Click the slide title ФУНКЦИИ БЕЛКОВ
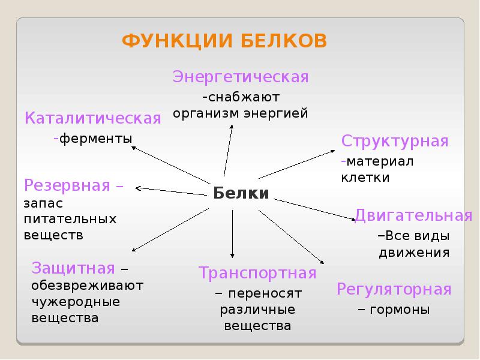pyautogui.click(x=224, y=41)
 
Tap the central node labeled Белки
pyautogui.click(x=241, y=193)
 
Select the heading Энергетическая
pyautogui.click(x=241, y=77)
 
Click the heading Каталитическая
pyautogui.click(x=93, y=118)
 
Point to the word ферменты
pyautogui.click(x=96, y=139)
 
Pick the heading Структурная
pyautogui.click(x=395, y=142)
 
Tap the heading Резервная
pyautogui.click(x=67, y=185)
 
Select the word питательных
pyautogui.click(x=70, y=218)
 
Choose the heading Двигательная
pyautogui.click(x=413, y=215)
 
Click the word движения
pyautogui.click(x=414, y=252)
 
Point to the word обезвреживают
pyautogui.click(x=88, y=284)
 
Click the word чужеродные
pyautogui.click(x=76, y=301)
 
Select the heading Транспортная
pyautogui.click(x=257, y=274)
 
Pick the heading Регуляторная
pyautogui.click(x=394, y=290)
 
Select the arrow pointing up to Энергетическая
pyautogui.click(x=228, y=144)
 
